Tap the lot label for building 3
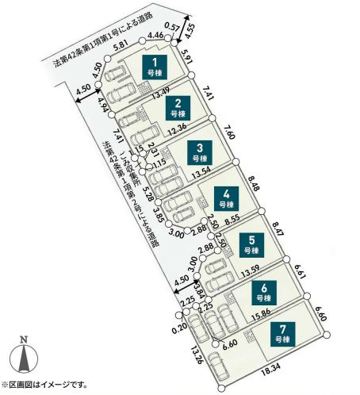coord(201,151)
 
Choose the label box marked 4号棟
coord(227,197)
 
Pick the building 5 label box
coord(251,243)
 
